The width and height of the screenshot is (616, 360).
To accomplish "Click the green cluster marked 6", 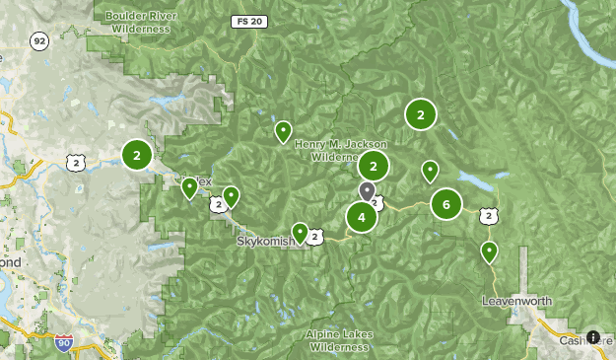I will coord(446,205).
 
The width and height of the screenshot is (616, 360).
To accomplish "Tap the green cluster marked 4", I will coord(362,217).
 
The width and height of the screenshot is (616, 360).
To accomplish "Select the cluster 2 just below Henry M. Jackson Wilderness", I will coord(374,166).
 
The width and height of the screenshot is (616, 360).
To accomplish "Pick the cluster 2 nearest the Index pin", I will coord(137,155).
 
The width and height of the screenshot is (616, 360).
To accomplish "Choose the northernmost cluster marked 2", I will coord(421,115).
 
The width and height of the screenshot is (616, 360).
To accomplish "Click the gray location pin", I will coord(367,189).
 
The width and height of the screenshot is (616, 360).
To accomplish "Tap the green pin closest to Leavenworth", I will coord(489,252).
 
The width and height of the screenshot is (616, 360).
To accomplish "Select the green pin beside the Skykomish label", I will coord(300,232).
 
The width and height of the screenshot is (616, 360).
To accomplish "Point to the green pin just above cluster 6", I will coord(430,171).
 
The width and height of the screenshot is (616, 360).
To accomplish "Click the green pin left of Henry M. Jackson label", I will coord(283,130).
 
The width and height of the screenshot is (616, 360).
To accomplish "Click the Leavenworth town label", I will coord(517,300).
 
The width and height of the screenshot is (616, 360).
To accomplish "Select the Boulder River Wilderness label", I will coord(139,22).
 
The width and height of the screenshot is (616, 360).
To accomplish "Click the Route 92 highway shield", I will coord(38,40).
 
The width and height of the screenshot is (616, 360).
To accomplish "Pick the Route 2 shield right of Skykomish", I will coord(313,237).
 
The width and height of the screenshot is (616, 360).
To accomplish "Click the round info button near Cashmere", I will coord(593,337).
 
